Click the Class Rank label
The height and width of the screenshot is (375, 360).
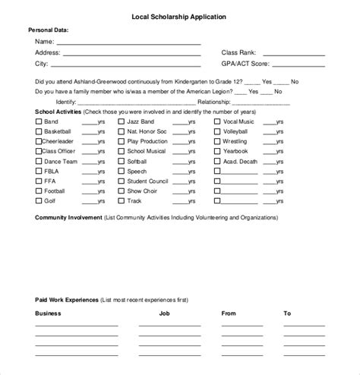pyautogui.click(x=238, y=53)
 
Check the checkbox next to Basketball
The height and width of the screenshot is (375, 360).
pyautogui.click(x=39, y=131)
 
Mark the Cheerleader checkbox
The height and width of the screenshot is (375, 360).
pyautogui.click(x=39, y=141)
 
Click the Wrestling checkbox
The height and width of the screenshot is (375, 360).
pyautogui.click(x=217, y=141)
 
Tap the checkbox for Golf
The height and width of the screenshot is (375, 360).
pyautogui.click(x=39, y=201)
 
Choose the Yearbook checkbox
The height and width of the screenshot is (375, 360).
pyautogui.click(x=217, y=151)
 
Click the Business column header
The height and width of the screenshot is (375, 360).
pyautogui.click(x=49, y=313)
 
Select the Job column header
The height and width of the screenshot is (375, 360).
pyautogui.click(x=165, y=313)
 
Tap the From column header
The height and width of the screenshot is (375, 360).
pyautogui.click(x=229, y=313)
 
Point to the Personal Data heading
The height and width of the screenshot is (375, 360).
pyautogui.click(x=49, y=30)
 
